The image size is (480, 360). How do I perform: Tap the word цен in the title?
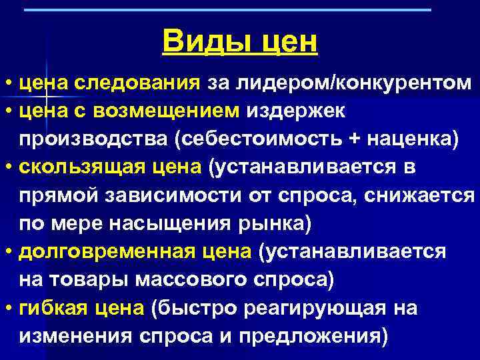pos(287,41)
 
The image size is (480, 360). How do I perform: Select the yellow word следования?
pos(137,83)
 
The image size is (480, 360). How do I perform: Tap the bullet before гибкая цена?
pos(8,309)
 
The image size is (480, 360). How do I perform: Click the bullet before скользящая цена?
pos(8,168)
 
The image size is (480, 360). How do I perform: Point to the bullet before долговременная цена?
pos(8,253)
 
